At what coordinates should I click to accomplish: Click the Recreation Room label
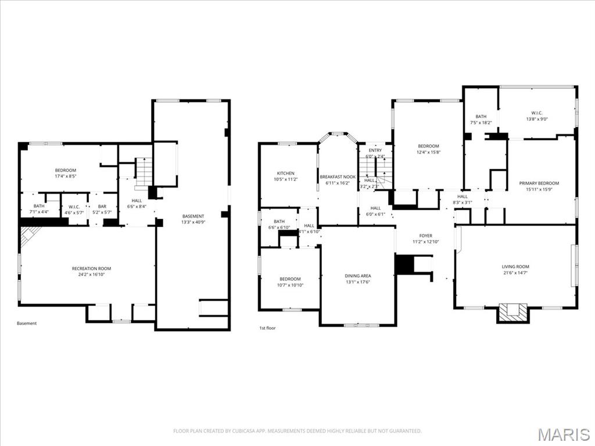coord(91,268)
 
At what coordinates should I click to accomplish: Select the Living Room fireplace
coord(512,312)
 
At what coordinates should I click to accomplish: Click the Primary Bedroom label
coord(539,183)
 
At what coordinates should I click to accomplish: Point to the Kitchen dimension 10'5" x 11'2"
coord(285,179)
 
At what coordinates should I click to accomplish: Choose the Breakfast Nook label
coord(337,176)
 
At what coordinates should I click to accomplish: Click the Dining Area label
coord(357,276)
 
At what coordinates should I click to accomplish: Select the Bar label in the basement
coord(102,206)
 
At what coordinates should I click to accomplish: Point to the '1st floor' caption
coord(267,328)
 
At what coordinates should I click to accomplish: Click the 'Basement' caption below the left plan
coord(27,323)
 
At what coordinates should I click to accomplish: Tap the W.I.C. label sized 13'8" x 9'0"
coord(536,113)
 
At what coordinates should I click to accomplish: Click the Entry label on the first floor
coord(375,150)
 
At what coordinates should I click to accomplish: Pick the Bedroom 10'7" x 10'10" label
coord(289,279)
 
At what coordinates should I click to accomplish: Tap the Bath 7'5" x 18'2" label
coord(481,116)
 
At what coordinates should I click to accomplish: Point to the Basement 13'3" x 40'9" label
coord(193,217)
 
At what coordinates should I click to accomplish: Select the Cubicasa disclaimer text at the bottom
coord(297,431)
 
